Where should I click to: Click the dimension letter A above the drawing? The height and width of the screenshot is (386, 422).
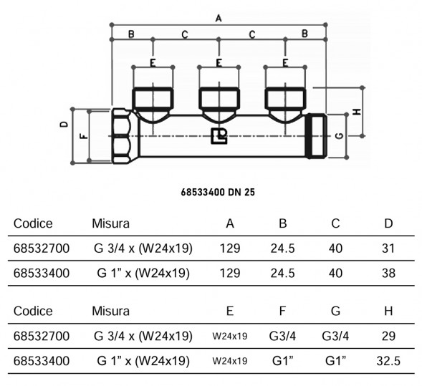[x=219, y=19]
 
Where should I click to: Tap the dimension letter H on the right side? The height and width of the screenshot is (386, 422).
[x=357, y=112]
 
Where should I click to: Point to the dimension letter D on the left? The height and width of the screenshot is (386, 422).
[x=64, y=124]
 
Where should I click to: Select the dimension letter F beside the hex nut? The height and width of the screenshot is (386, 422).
[x=85, y=136]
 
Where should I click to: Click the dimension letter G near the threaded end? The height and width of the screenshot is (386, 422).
[x=340, y=136]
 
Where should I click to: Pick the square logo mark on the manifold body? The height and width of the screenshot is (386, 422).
[x=219, y=136]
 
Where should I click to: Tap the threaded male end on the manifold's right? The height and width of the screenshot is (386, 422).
[x=317, y=136]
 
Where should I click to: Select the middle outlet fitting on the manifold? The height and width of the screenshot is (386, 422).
[x=219, y=105]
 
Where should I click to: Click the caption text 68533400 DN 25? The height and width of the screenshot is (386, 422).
[x=218, y=193]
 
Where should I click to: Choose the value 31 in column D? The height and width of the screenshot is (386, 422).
[x=388, y=249]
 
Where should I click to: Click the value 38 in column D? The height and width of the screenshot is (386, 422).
[x=388, y=274]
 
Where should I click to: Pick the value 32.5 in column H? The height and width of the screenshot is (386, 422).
[x=388, y=361]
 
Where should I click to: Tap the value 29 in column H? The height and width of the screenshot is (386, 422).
[x=388, y=336]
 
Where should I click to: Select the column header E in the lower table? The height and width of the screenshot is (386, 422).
[x=230, y=311]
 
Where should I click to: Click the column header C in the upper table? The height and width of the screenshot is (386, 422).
[x=335, y=223]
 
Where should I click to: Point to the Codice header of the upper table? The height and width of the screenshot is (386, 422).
[x=33, y=223]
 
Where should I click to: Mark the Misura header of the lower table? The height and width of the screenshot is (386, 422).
[x=110, y=311]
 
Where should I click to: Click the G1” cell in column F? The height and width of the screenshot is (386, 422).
[x=282, y=361]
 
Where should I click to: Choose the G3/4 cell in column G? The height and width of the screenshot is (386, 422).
[x=335, y=336]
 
